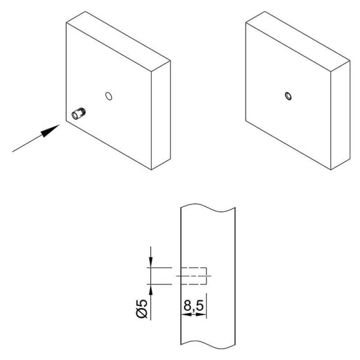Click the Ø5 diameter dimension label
pos(142,308)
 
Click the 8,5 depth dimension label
pos(193,306)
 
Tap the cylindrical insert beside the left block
pos(79,113)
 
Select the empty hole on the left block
pos(109,96)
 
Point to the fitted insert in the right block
pos(289,96)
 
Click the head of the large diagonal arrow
pos(50,131)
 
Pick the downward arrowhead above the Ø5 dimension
pos(151,262)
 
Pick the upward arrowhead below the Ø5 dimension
pos(151,290)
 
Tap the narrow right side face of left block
pos(161,115)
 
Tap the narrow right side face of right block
pos(340,115)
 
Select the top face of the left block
pos(118,41)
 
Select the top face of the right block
pos(298,41)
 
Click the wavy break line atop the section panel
pos(208,208)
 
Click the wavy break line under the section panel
pos(208,344)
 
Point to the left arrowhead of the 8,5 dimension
pos(186,314)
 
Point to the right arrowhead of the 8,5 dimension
pos(202,314)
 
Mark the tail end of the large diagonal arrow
pos(13,152)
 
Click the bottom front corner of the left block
pos(151,170)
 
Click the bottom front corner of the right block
pos(331,170)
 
